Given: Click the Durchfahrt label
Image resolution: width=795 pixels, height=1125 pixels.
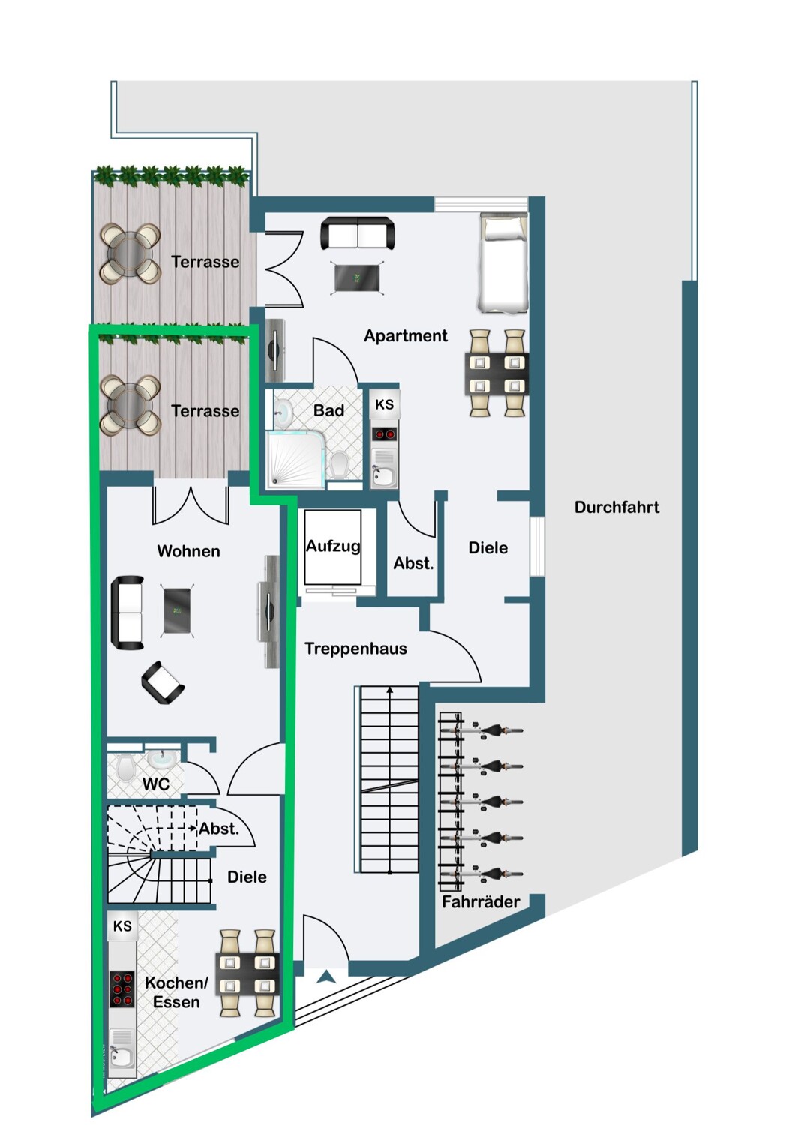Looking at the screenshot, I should [x=616, y=508].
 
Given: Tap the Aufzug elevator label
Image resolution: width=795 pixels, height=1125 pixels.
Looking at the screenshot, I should [x=333, y=547].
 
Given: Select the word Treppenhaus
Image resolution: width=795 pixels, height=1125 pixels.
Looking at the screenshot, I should [x=355, y=649].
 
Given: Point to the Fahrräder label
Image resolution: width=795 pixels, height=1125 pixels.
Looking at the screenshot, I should [x=480, y=902].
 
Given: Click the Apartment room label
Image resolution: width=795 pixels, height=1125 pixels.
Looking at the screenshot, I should [x=405, y=336].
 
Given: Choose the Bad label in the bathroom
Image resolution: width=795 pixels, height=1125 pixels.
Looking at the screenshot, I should [x=328, y=411].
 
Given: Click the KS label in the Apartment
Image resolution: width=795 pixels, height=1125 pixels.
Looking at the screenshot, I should [x=384, y=405].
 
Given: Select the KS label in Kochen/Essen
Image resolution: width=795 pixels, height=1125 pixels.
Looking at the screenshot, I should [x=122, y=926].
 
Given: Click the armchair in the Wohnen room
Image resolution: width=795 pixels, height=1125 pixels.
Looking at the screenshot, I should [x=163, y=682].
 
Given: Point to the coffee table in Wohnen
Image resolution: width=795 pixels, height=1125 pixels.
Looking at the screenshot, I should [x=178, y=611].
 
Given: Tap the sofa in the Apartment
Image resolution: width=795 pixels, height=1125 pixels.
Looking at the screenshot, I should [x=358, y=233].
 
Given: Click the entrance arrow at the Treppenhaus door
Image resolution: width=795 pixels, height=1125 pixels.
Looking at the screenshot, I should [x=326, y=976].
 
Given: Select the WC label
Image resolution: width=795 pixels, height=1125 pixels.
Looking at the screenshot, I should [x=155, y=784].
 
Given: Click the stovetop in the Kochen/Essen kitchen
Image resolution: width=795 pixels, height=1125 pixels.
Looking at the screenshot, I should [x=122, y=989].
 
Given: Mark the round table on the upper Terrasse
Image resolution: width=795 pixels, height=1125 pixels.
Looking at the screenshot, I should [x=130, y=254].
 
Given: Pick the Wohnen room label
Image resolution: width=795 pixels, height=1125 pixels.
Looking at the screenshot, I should [x=188, y=552].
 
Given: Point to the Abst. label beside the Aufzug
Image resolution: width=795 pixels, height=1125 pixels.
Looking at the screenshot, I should [x=413, y=564].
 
